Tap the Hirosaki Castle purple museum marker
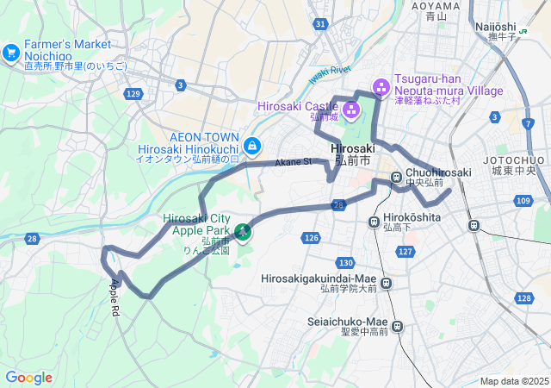tap(350, 109)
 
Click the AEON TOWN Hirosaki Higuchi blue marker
tap(251, 146)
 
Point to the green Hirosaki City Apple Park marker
tap(243, 231)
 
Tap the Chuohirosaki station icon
tap(397, 178)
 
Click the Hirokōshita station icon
tap(374, 222)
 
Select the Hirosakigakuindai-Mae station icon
tap(387, 282)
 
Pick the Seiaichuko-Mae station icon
tap(397, 326)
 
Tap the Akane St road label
tap(293, 162)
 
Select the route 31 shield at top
tap(320, 23)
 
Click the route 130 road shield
tap(346, 262)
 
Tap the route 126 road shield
tap(312, 237)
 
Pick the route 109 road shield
tap(523, 200)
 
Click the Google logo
tap(28, 378)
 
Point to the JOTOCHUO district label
tap(514, 160)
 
